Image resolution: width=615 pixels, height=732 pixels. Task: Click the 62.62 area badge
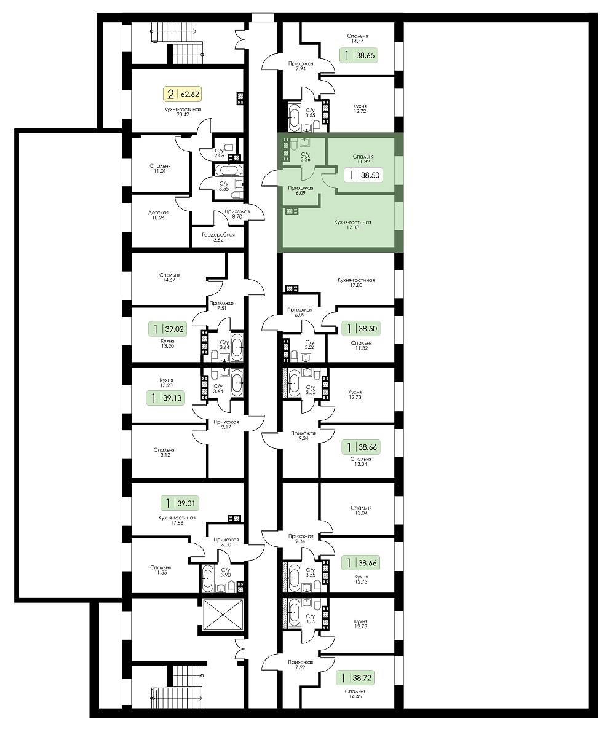click(x=182, y=94)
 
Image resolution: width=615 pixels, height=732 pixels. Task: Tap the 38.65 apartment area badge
click(x=358, y=55)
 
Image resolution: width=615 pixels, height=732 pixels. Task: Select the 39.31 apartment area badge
click(x=179, y=503)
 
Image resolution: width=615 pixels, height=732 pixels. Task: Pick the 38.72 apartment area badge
click(x=355, y=677)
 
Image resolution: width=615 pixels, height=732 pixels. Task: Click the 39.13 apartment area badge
click(x=165, y=398)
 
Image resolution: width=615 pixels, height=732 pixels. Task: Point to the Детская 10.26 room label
click(x=158, y=214)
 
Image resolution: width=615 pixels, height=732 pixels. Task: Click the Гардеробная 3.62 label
click(x=218, y=237)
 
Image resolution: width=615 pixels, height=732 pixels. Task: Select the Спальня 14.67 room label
click(x=169, y=277)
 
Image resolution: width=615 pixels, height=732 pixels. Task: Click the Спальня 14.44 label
click(x=358, y=38)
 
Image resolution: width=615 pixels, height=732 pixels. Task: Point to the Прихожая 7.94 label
click(x=301, y=66)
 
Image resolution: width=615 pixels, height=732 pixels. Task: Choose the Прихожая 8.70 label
click(x=237, y=214)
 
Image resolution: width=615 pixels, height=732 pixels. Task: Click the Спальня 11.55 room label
click(x=161, y=570)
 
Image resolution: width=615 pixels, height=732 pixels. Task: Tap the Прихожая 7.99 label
click(x=301, y=664)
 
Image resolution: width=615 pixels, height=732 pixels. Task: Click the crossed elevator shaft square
click(x=223, y=615)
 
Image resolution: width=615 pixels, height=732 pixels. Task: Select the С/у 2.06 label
click(x=219, y=152)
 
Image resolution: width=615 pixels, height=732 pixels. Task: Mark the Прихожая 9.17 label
click(x=226, y=424)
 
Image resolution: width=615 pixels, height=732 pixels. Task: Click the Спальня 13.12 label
click(x=164, y=452)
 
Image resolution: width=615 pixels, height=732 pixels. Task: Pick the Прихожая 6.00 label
click(x=226, y=541)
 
